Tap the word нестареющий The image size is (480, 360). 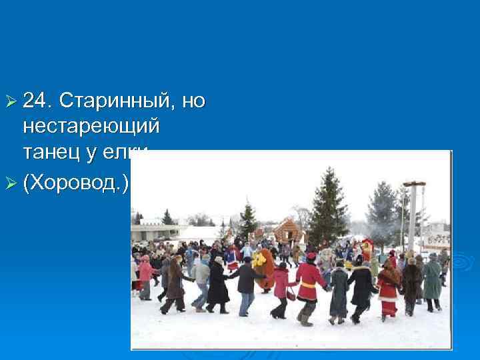pos(91,125)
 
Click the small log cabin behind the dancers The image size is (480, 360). pos(287,231)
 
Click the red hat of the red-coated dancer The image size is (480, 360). pos(311,256)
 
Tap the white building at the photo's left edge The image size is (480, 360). pos(149,230)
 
